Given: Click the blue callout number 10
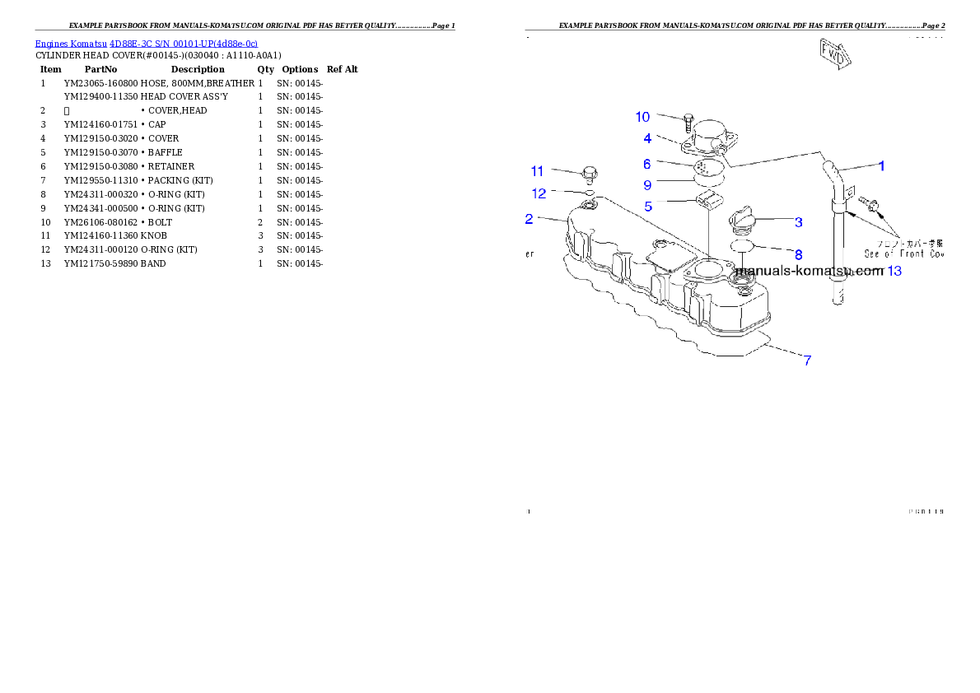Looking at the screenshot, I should pyautogui.click(x=642, y=117).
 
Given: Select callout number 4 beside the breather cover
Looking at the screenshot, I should pyautogui.click(x=647, y=138).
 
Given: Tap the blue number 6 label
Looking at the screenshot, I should pyautogui.click(x=647, y=165).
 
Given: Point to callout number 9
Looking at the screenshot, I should pyautogui.click(x=647, y=184).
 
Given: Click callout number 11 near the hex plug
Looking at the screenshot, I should pyautogui.click(x=537, y=171).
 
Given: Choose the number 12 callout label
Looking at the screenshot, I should pyautogui.click(x=539, y=193).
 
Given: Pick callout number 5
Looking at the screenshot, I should pyautogui.click(x=649, y=207).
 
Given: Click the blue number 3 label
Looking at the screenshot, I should pyautogui.click(x=798, y=222).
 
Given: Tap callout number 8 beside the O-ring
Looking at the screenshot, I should pyautogui.click(x=798, y=255).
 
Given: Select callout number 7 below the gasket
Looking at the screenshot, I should pyautogui.click(x=808, y=360).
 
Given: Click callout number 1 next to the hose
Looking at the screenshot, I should pyautogui.click(x=880, y=165).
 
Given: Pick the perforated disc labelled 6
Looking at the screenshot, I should pyautogui.click(x=707, y=168).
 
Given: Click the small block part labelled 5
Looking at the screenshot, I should pyautogui.click(x=707, y=198).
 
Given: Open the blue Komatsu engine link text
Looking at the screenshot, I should pyautogui.click(x=146, y=44).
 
